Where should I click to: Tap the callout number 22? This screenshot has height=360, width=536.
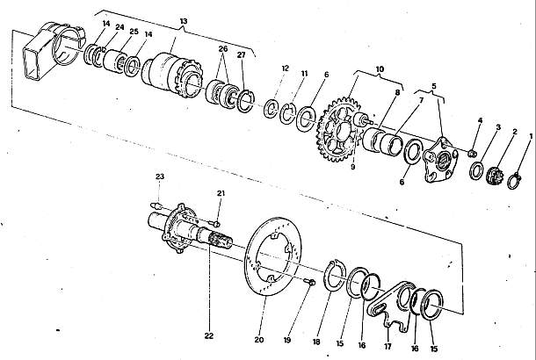pyautogui.click(x=209, y=335)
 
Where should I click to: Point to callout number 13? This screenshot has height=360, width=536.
pyautogui.click(x=184, y=21)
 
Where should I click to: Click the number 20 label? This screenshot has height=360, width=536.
pyautogui.click(x=259, y=340)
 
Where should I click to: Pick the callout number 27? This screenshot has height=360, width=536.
pyautogui.click(x=242, y=54)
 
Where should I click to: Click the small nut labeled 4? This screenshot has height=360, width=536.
pyautogui.click(x=473, y=154)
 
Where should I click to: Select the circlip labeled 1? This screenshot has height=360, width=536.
pyautogui.click(x=514, y=181)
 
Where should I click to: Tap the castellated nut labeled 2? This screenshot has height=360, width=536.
pyautogui.click(x=495, y=176)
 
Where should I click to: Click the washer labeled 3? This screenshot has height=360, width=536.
pyautogui.click(x=476, y=170)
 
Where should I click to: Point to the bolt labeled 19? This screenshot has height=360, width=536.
pyautogui.click(x=309, y=282)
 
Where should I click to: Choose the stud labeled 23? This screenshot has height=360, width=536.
pyautogui.click(x=156, y=206)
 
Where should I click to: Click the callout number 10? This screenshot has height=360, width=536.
pyautogui.click(x=380, y=69)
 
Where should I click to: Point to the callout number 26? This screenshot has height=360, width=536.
pyautogui.click(x=223, y=49)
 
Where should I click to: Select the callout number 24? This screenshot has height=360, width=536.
pyautogui.click(x=120, y=27)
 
